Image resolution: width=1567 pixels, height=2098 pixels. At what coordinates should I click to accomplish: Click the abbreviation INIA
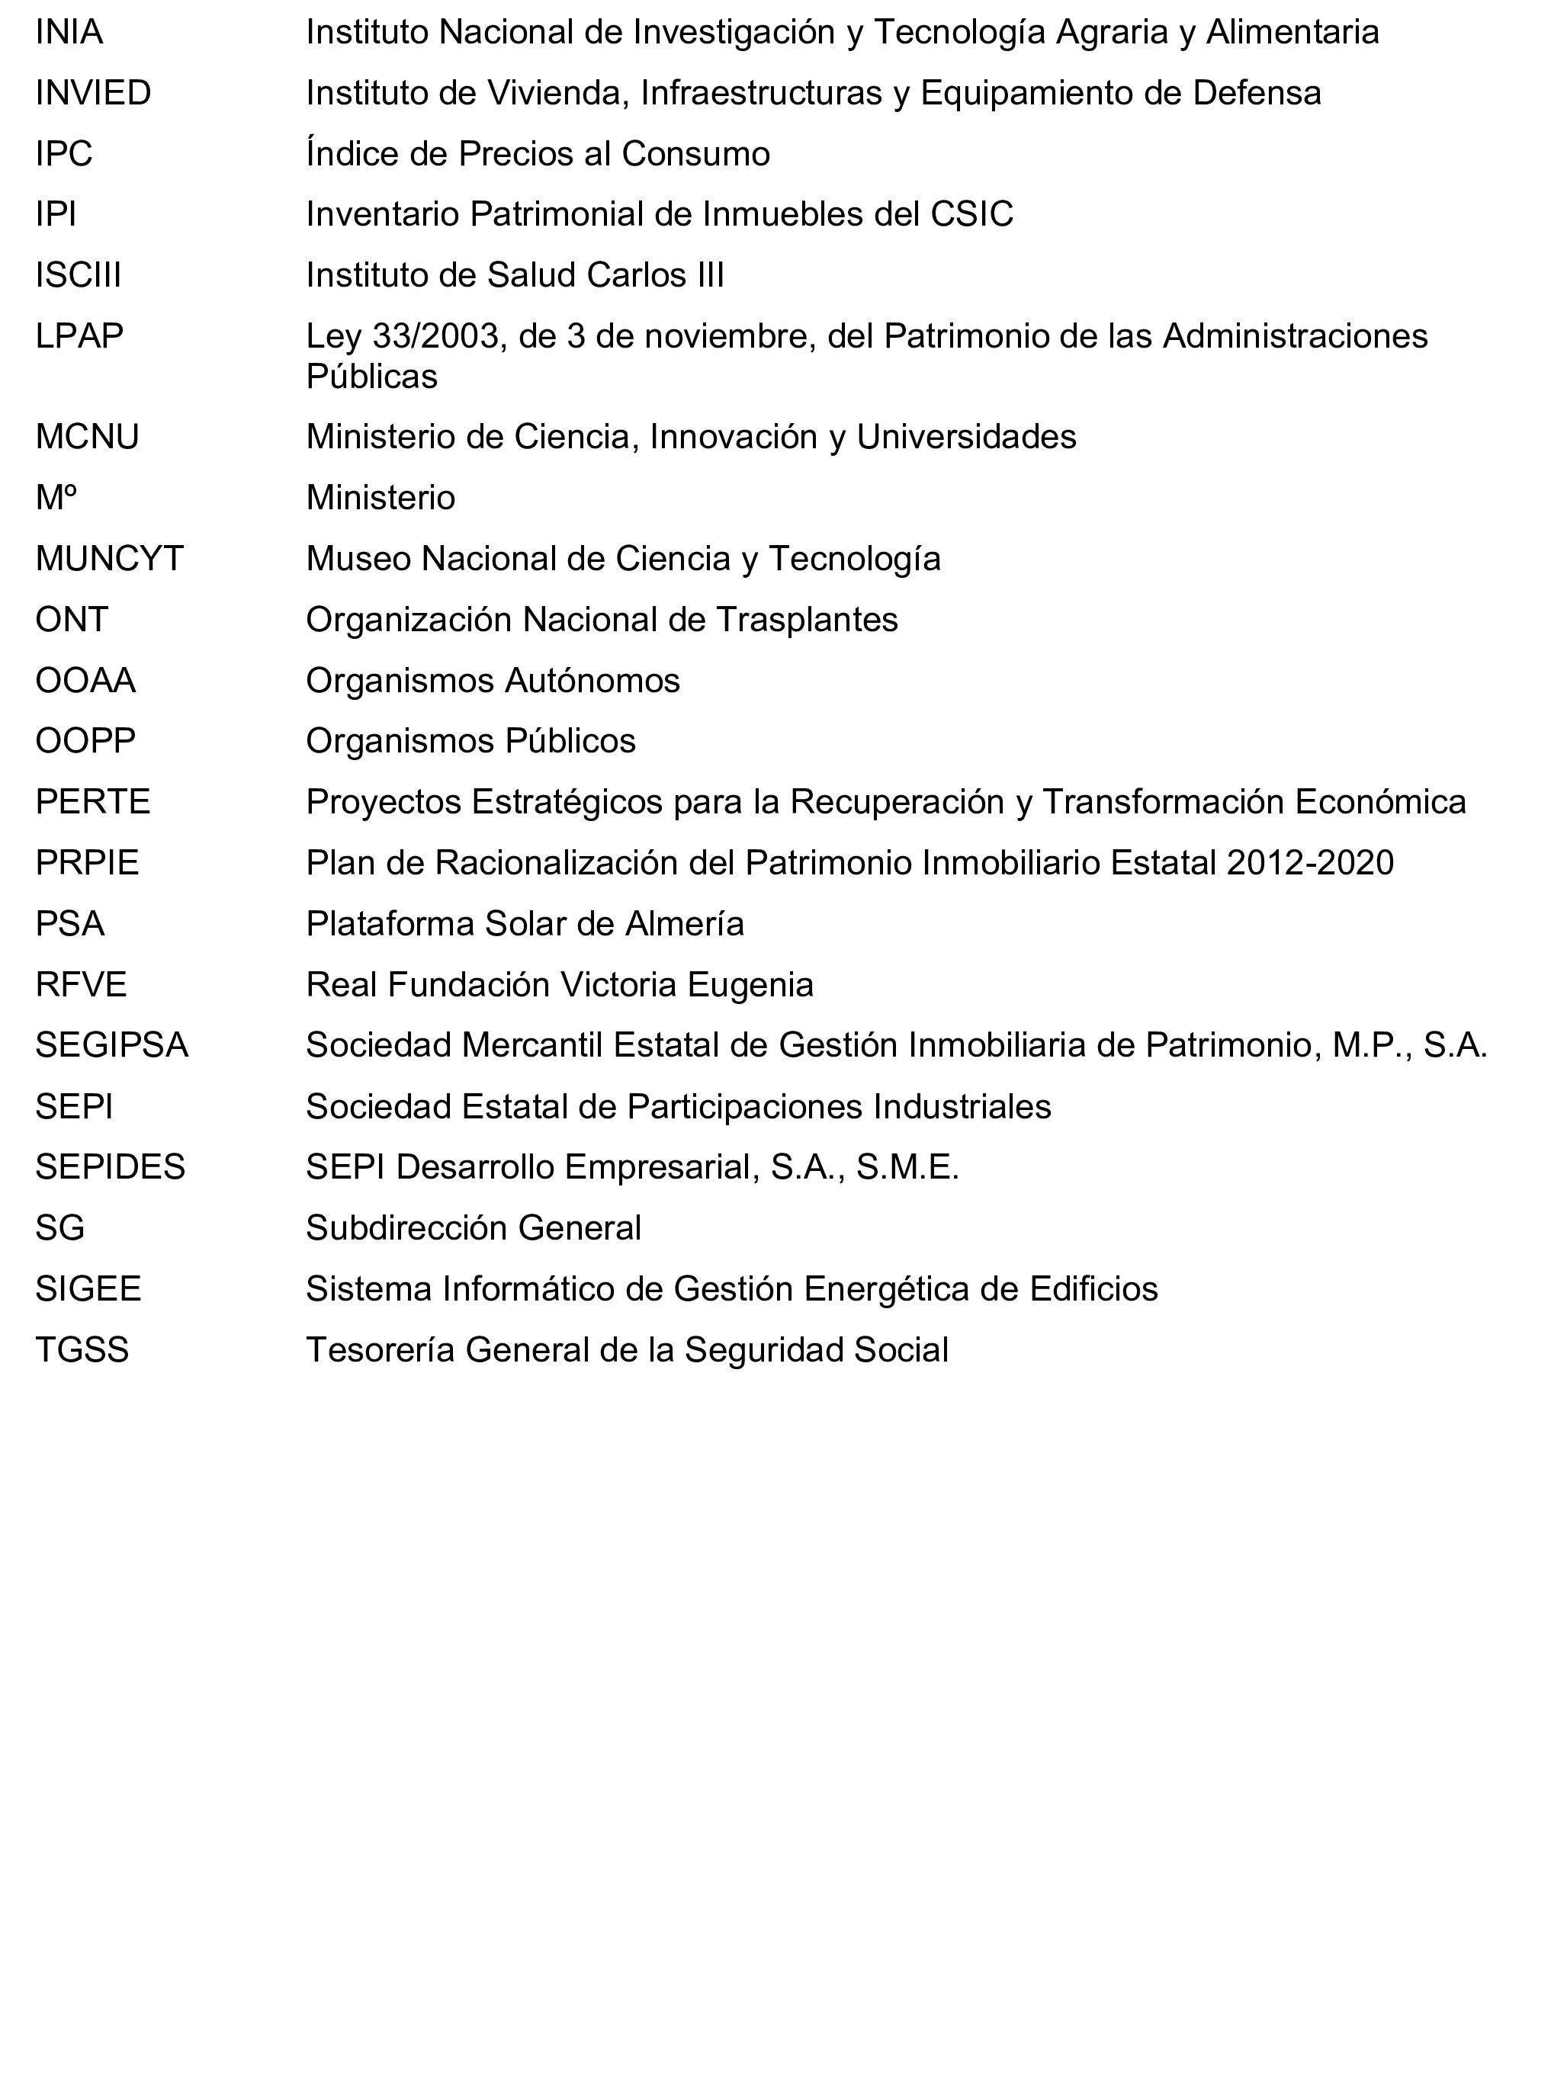pyautogui.click(x=69, y=32)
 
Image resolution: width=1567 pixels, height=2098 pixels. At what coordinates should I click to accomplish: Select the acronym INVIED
pyautogui.click(x=93, y=93)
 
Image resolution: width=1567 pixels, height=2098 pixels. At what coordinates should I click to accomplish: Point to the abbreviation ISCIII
pyautogui.click(x=79, y=275)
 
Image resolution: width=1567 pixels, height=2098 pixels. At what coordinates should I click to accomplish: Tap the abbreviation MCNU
pyautogui.click(x=87, y=438)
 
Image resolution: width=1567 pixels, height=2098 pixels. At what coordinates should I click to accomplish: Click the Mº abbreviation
pyautogui.click(x=56, y=498)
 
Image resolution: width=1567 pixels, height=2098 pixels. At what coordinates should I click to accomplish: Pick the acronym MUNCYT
pyautogui.click(x=109, y=559)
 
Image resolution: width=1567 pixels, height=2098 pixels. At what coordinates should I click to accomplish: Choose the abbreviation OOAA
pyautogui.click(x=85, y=681)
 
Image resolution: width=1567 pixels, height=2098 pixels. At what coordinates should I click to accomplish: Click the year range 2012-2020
pyautogui.click(x=1309, y=863)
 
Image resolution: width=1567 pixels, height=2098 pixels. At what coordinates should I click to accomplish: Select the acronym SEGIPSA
pyautogui.click(x=112, y=1045)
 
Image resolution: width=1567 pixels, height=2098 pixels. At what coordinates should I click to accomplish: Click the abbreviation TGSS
pyautogui.click(x=82, y=1349)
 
